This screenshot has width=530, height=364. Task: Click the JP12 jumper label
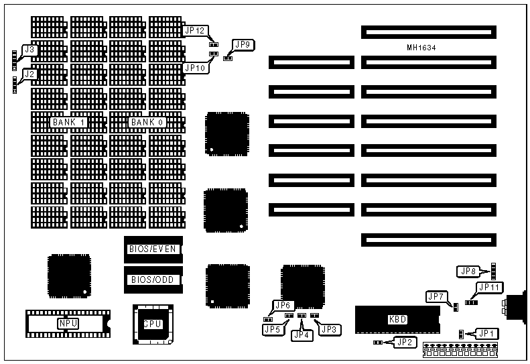click(x=196, y=30)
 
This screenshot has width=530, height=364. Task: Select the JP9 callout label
click(x=242, y=45)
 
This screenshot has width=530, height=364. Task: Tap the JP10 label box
click(x=195, y=68)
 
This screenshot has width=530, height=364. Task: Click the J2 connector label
click(x=29, y=74)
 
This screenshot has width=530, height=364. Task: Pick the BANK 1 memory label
click(x=68, y=123)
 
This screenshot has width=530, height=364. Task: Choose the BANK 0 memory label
click(x=147, y=123)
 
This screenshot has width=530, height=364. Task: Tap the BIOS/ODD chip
click(x=152, y=280)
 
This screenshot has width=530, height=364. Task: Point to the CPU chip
click(x=153, y=324)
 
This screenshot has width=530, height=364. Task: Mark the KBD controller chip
click(x=397, y=319)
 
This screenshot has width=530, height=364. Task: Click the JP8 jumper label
click(x=468, y=271)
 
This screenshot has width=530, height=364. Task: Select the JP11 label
click(x=488, y=287)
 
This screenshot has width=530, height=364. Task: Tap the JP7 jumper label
click(x=436, y=296)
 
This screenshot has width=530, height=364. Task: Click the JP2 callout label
click(x=404, y=343)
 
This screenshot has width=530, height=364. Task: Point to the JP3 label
click(x=330, y=329)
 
